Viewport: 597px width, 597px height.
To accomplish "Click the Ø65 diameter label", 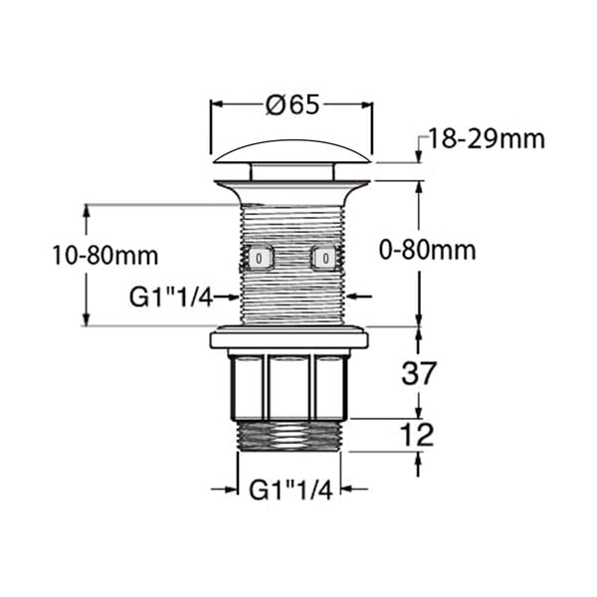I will pyautogui.click(x=291, y=103).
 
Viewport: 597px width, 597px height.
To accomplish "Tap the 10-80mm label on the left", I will pyautogui.click(x=104, y=256).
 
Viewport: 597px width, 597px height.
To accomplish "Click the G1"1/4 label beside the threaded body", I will pyautogui.click(x=171, y=296).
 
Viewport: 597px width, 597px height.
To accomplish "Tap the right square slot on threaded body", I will pyautogui.click(x=323, y=258).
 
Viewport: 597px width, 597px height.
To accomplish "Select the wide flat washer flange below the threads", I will pyautogui.click(x=289, y=338).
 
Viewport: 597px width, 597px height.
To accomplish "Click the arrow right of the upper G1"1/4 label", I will pyautogui.click(x=231, y=296).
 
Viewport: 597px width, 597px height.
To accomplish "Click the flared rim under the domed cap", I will pyautogui.click(x=291, y=184).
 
